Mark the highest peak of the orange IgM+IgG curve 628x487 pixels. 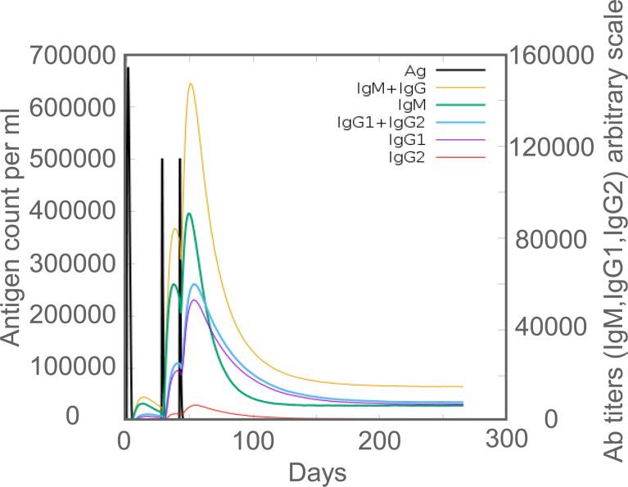point(191,83)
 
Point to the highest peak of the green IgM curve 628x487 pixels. point(189,214)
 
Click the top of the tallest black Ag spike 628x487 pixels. point(128,68)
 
